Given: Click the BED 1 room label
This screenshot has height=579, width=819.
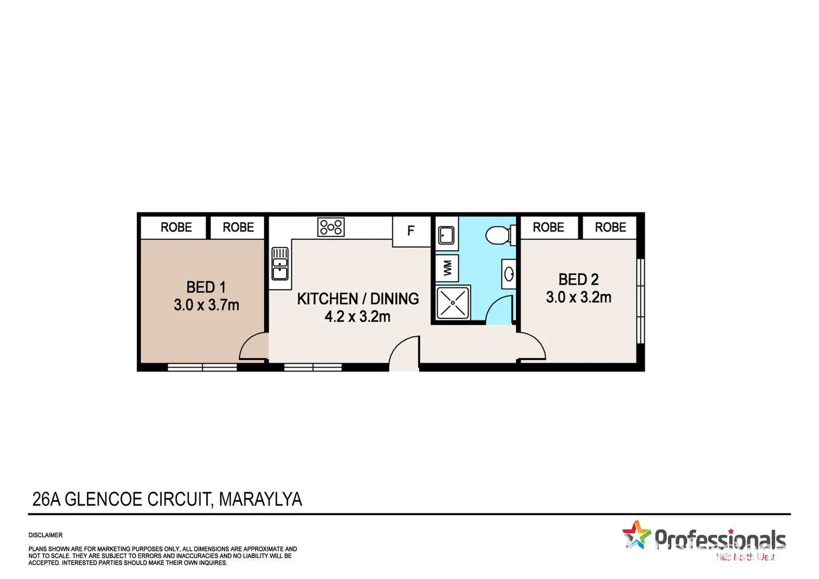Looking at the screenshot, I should [x=206, y=287].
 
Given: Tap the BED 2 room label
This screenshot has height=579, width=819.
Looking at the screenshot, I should [x=578, y=279].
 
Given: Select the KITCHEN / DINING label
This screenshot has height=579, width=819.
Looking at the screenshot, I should [x=358, y=299].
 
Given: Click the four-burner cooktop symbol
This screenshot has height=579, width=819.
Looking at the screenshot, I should [x=331, y=227].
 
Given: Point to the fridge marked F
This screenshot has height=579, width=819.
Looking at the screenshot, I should [x=411, y=231].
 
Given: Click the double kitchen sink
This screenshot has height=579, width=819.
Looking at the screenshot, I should [x=280, y=263].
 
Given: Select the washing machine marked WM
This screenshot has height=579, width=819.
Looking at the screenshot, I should [x=447, y=268].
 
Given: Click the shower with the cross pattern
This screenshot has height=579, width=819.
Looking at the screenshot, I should [x=453, y=303].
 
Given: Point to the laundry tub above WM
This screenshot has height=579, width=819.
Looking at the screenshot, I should [x=446, y=235].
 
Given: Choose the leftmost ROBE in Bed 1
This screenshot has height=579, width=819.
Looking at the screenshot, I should [x=176, y=227].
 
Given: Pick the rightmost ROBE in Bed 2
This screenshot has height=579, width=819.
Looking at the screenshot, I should [x=610, y=227].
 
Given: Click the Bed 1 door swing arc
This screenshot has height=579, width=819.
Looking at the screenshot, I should [x=252, y=346].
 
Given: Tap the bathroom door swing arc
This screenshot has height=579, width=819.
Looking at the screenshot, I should [x=500, y=311].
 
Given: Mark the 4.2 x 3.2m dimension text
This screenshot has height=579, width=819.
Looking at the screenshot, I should [x=358, y=316].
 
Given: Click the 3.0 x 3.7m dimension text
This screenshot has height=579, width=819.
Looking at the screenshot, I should [x=206, y=305].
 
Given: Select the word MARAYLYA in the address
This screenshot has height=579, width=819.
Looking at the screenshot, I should [x=260, y=499].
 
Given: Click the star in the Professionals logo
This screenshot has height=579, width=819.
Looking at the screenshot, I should [x=636, y=535].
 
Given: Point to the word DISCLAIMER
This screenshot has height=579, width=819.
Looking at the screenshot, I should [x=46, y=535].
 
